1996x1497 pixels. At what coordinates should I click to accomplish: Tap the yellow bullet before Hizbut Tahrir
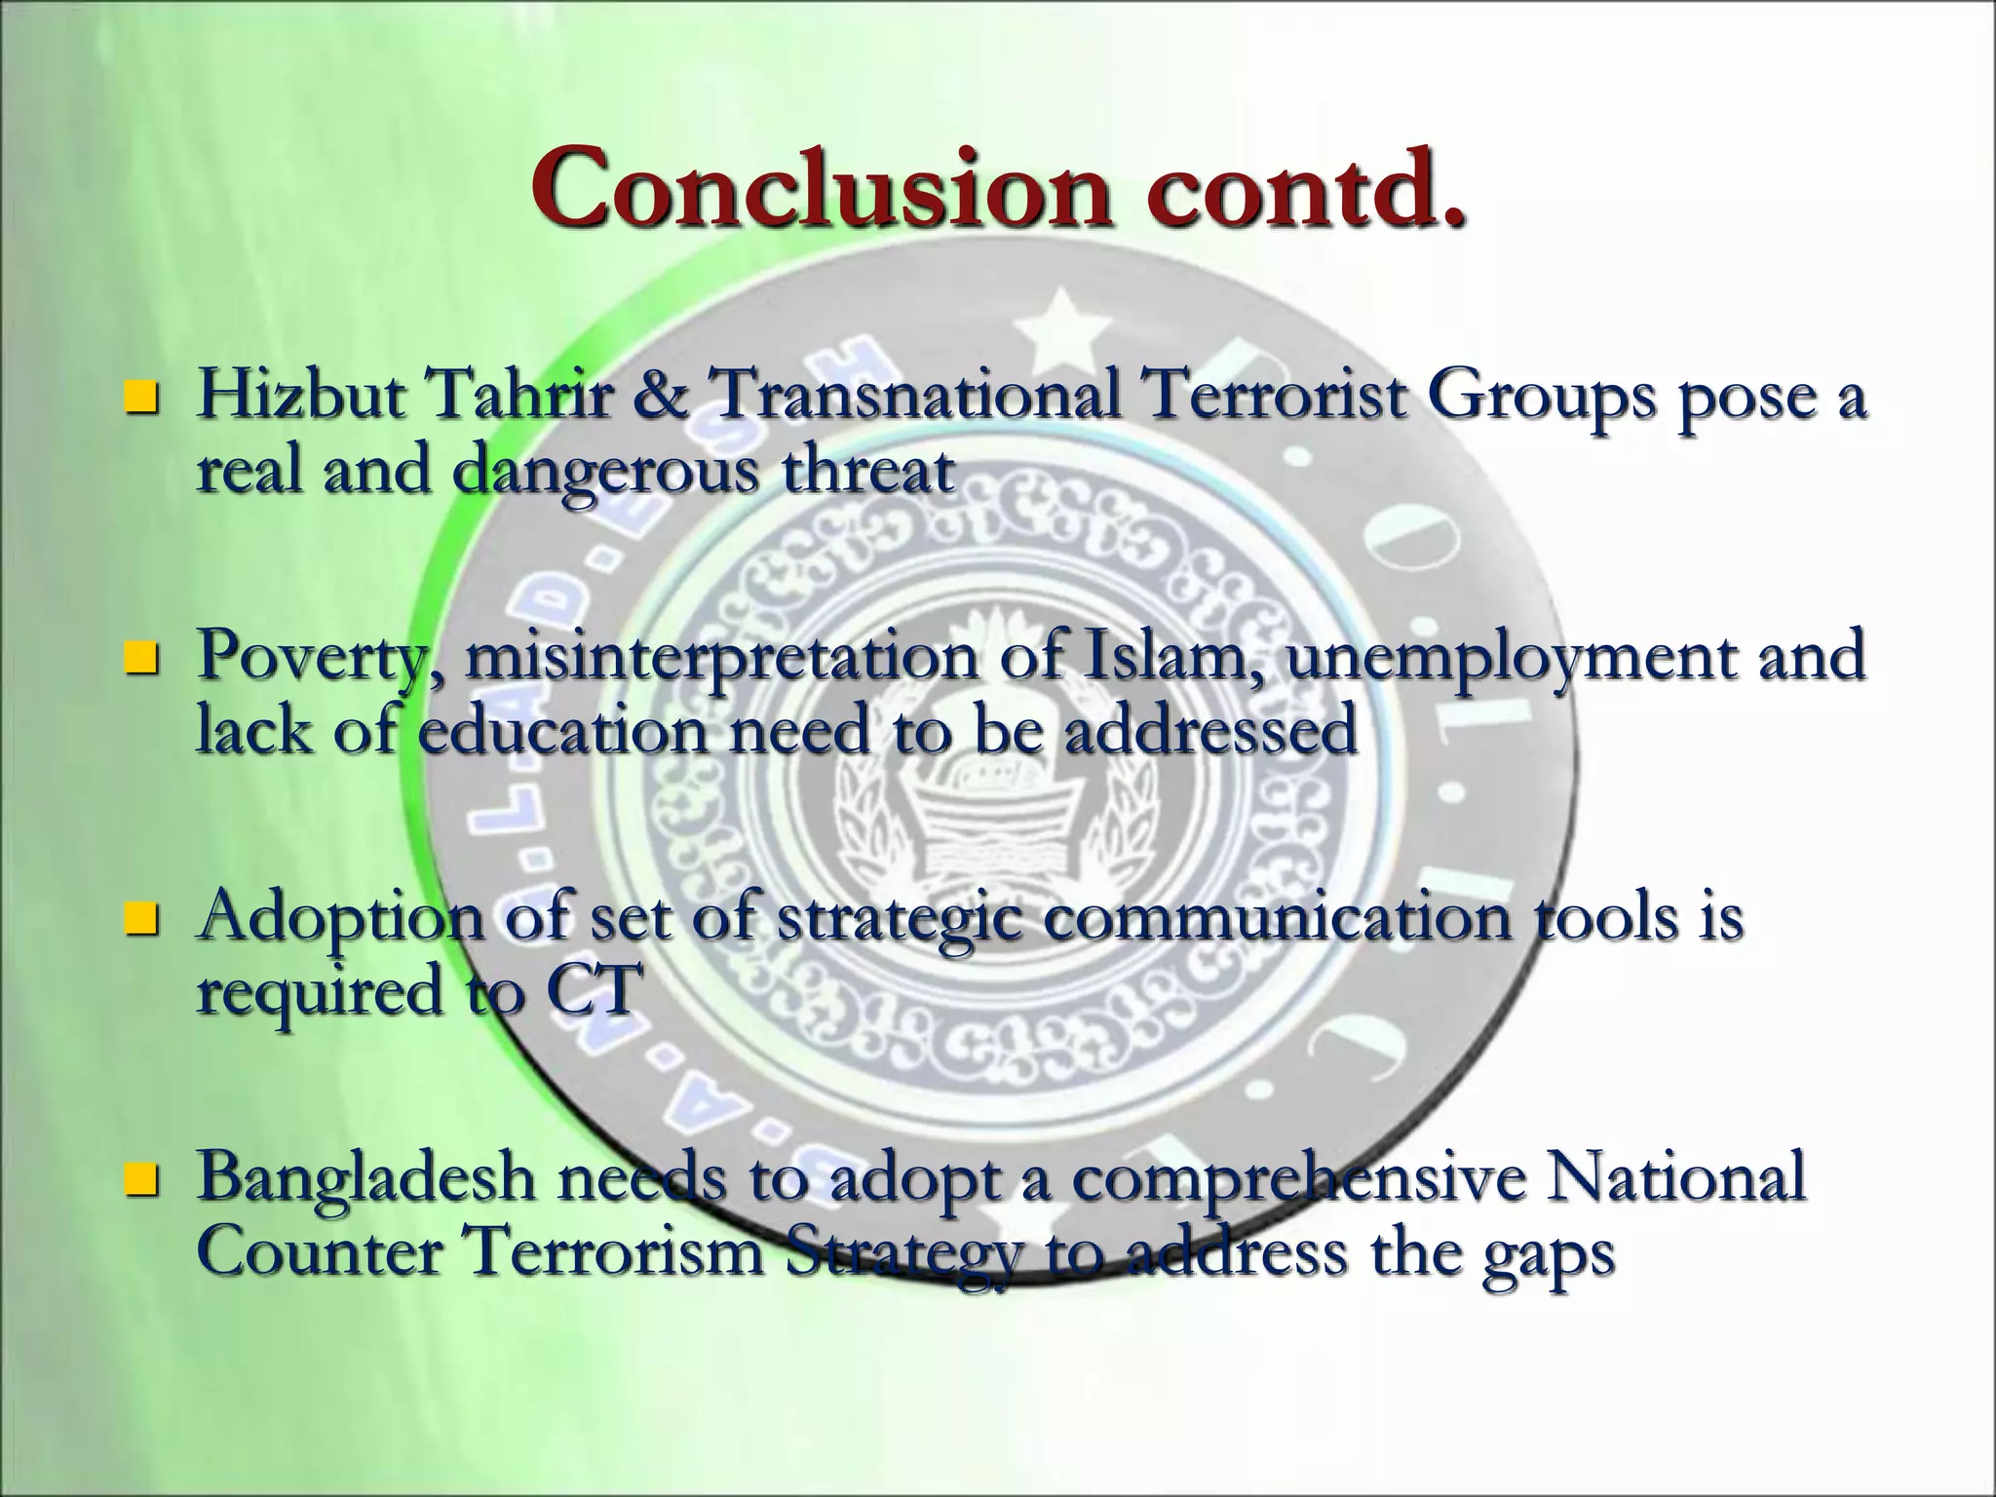point(142,397)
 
